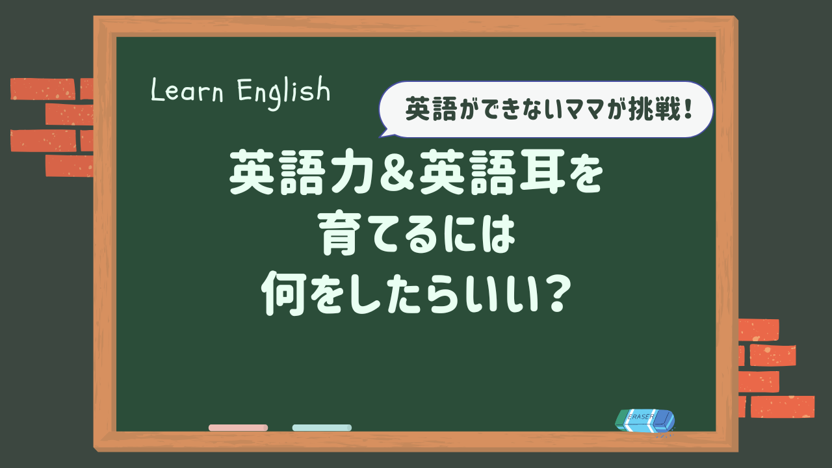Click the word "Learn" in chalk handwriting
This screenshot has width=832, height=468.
pyautogui.click(x=187, y=90)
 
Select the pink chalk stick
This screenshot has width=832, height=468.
pyautogui.click(x=238, y=428)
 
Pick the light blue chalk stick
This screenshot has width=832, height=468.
pyautogui.click(x=322, y=428)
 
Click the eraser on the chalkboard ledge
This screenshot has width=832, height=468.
pyautogui.click(x=645, y=421)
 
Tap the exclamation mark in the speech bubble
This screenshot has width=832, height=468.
pyautogui.click(x=688, y=109)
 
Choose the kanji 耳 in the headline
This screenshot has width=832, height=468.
pyautogui.click(x=536, y=172)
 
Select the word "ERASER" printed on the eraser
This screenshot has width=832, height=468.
pyautogui.click(x=641, y=417)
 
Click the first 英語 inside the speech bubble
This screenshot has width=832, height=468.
pyautogui.click(x=430, y=109)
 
